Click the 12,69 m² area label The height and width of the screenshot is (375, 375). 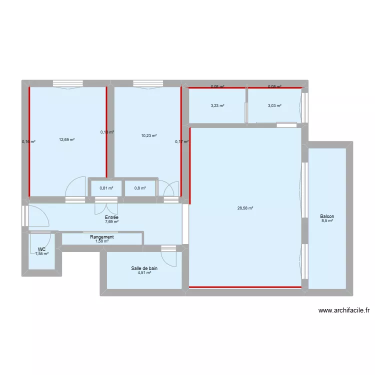click(x=66, y=139)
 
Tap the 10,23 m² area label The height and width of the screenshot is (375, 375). click(x=149, y=135)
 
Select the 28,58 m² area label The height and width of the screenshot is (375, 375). click(x=245, y=208)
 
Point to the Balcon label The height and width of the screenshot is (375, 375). click(x=327, y=216)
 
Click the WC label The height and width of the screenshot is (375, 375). click(x=42, y=249)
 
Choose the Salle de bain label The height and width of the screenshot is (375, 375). click(x=144, y=268)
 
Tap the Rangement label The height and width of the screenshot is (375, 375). click(x=102, y=237)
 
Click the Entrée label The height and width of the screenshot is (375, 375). click(x=111, y=217)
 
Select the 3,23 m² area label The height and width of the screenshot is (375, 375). click(x=217, y=105)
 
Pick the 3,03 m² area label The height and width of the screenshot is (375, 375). click(x=274, y=105)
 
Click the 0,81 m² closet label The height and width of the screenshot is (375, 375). click(x=106, y=188)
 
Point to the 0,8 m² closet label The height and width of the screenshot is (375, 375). click(x=140, y=188)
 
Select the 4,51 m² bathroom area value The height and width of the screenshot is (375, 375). click(x=144, y=273)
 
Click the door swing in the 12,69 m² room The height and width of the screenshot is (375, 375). click(x=75, y=187)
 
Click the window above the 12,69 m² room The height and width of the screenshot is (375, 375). click(x=67, y=83)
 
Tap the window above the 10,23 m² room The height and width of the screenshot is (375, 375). click(x=148, y=83)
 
